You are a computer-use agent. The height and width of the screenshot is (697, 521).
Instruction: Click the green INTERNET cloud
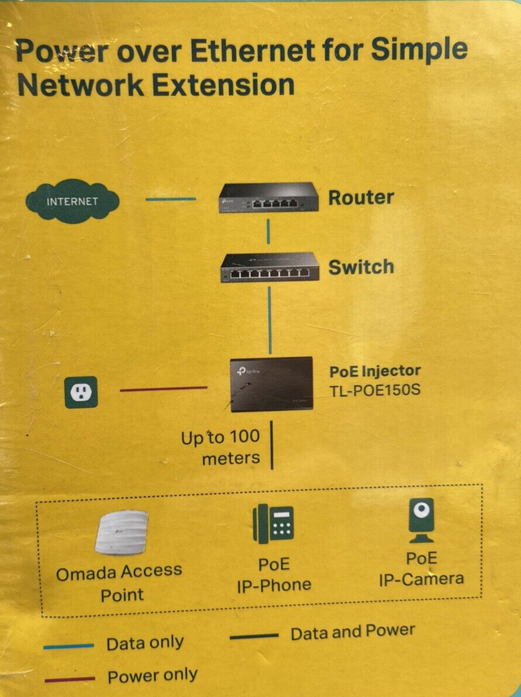pos(72,201)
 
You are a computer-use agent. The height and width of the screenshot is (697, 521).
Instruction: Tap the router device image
pos(269,198)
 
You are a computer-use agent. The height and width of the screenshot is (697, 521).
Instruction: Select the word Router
pos(361,198)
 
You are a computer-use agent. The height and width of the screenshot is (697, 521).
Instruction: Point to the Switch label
pos(361,267)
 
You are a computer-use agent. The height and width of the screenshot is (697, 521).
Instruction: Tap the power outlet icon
pos(81,392)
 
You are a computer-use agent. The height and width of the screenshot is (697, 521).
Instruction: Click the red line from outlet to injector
pos(164,388)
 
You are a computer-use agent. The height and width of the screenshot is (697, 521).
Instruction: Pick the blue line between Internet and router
pos(171,199)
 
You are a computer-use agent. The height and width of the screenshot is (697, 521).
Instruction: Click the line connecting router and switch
pos(268,232)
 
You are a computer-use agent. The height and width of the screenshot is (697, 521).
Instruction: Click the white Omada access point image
pos(121,532)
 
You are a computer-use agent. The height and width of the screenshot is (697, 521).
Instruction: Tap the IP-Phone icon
pos(273,523)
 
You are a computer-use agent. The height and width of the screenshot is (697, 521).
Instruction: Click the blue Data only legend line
pos(68,646)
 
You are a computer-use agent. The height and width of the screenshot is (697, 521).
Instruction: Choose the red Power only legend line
pos(70,679)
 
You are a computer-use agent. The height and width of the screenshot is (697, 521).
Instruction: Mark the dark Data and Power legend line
pos(254,636)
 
